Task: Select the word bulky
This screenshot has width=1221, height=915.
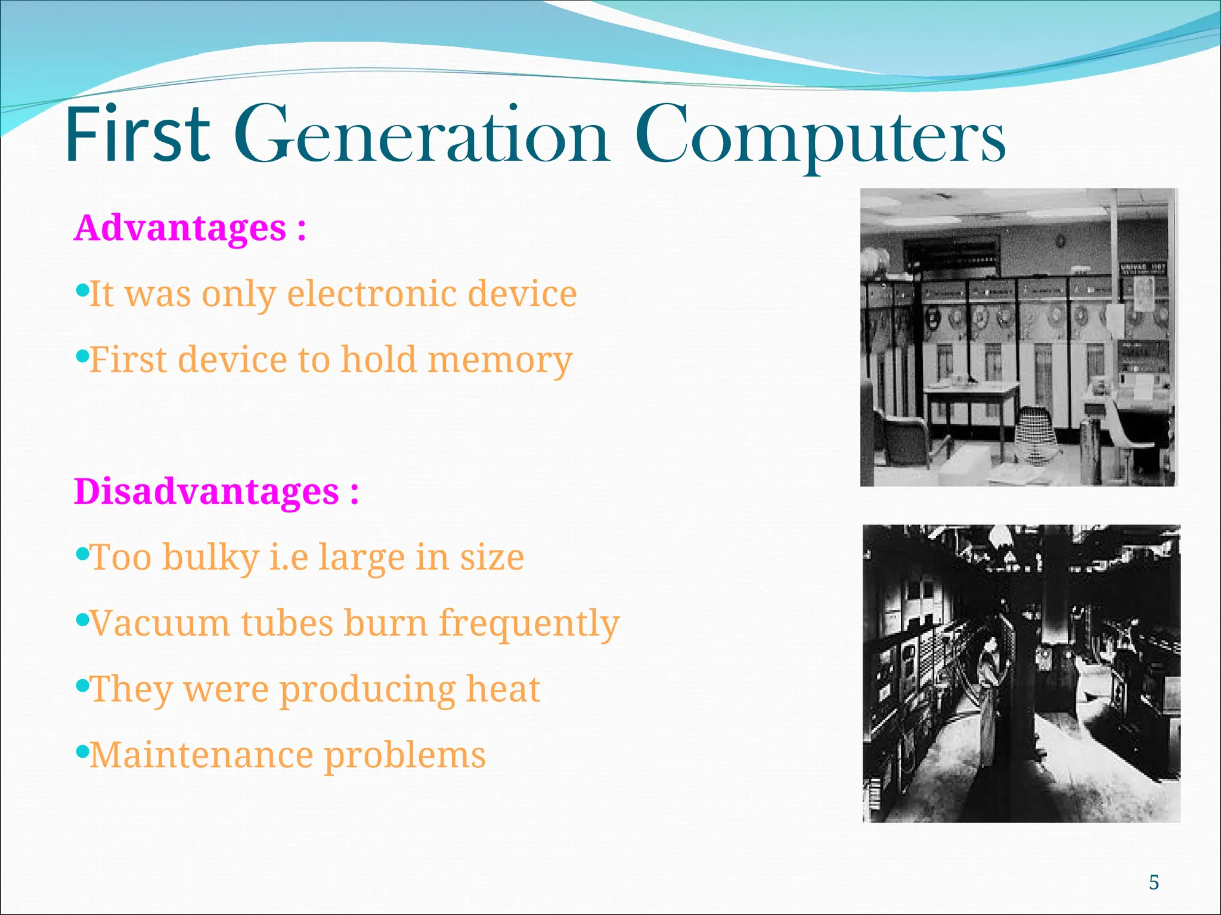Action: (x=210, y=558)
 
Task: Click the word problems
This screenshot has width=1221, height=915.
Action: (x=405, y=757)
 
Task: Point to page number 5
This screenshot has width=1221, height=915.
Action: (x=1154, y=882)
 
